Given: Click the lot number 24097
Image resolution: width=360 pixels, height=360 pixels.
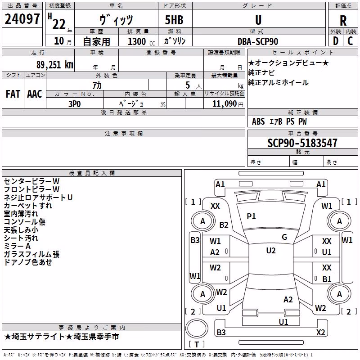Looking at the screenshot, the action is (x=22, y=19).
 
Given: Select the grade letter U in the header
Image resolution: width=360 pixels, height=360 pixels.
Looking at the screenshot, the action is (x=258, y=20).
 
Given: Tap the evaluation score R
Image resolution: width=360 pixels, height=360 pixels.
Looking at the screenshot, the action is (x=343, y=21).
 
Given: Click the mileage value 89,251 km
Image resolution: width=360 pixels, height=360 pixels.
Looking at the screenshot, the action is (x=54, y=65).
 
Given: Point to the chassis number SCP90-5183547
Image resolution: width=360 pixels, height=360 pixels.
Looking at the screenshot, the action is (x=302, y=143).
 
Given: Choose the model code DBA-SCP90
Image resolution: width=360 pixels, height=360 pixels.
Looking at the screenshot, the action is (x=258, y=41).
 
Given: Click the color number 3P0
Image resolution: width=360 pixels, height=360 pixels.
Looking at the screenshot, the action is (x=75, y=104).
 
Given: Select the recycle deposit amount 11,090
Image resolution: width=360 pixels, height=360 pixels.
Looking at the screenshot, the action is (x=224, y=104).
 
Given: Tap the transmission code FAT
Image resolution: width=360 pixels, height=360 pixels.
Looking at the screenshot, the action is (x=13, y=94).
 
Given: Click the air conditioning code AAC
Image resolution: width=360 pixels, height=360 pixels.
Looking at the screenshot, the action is (x=35, y=94).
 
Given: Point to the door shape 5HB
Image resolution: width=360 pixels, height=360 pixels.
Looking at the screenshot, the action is (x=174, y=20).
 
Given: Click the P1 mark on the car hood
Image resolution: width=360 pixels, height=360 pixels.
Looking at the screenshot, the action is (x=251, y=216).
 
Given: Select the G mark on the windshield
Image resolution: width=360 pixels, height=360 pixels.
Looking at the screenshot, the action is (x=284, y=237).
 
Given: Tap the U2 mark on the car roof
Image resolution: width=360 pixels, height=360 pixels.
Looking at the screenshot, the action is (x=271, y=251).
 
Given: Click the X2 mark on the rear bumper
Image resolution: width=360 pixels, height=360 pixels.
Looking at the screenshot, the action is (x=320, y=332).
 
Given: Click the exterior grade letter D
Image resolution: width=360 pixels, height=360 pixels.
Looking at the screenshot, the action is (x=336, y=41).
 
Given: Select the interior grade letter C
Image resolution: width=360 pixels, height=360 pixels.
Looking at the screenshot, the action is (x=350, y=41).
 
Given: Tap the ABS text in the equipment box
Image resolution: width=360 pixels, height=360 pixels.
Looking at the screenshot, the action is (x=258, y=121).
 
